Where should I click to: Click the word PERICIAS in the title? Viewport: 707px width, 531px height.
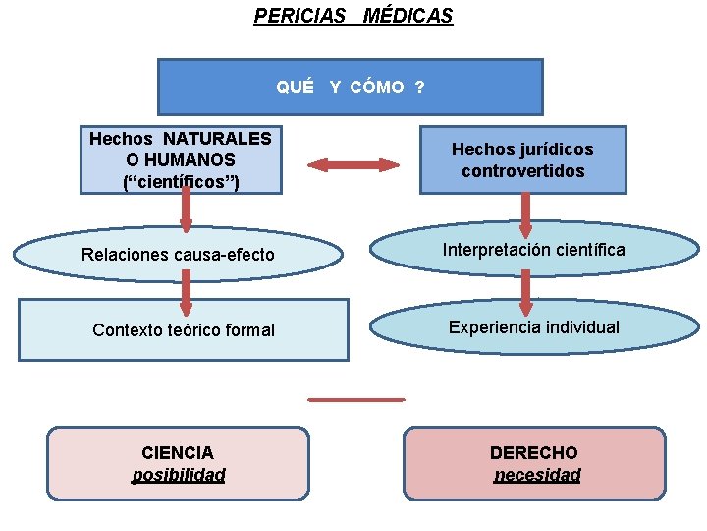click(300, 16)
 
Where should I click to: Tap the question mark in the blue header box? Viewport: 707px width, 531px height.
click(419, 88)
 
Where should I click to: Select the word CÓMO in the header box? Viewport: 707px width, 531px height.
click(377, 88)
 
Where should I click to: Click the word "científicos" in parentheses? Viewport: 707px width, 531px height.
click(181, 181)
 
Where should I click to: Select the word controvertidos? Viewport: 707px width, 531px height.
click(522, 171)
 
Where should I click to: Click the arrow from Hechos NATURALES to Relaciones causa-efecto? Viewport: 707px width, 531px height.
click(185, 210)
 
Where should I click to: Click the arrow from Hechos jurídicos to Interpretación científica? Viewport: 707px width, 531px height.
click(525, 213)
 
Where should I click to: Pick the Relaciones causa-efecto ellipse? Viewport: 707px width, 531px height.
click(178, 255)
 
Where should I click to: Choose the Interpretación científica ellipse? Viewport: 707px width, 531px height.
click(533, 251)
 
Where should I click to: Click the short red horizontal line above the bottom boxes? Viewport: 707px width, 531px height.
click(355, 399)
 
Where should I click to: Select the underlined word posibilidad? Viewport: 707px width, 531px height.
click(178, 475)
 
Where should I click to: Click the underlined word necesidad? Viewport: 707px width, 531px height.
click(536, 475)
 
